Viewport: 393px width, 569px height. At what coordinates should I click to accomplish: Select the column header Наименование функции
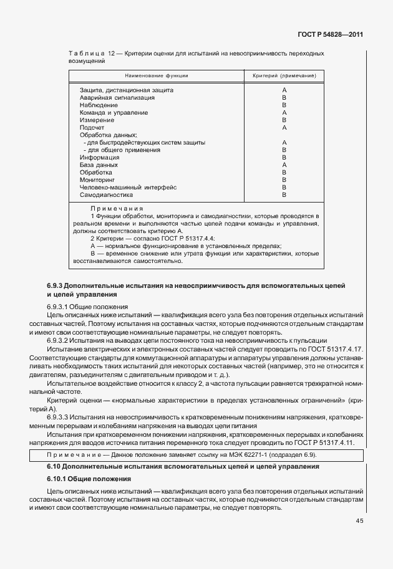(157, 75)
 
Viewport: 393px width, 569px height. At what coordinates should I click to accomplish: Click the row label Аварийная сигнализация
(117, 98)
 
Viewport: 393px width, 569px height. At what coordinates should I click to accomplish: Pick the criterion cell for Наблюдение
(284, 105)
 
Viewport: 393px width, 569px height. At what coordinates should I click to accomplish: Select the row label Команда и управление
(114, 113)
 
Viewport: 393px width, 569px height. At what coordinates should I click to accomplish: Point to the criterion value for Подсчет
(284, 128)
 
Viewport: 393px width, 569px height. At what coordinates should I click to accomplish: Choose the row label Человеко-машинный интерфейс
(128, 187)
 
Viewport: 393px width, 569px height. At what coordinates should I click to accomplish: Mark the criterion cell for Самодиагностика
(284, 194)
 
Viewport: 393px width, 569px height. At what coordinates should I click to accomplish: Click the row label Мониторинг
(97, 179)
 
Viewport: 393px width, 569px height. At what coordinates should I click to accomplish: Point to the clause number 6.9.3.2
(61, 340)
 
